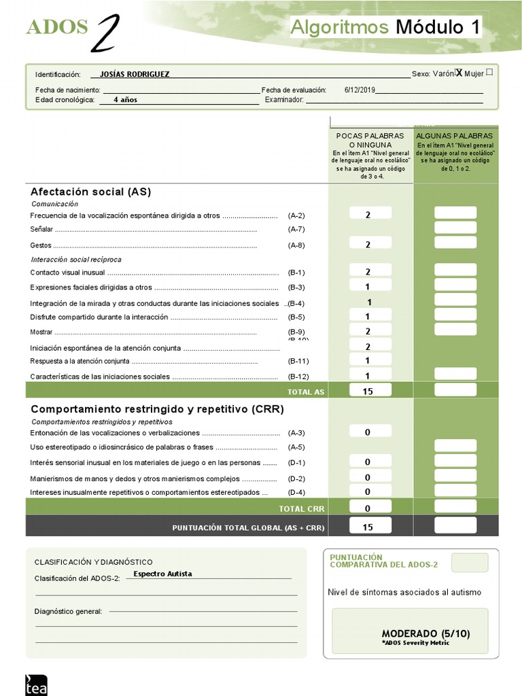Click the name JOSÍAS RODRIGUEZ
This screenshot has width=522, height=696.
coord(135,74)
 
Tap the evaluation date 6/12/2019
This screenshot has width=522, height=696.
coord(360,90)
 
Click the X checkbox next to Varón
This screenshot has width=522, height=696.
coord(459,73)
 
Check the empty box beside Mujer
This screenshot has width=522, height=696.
coord(490,71)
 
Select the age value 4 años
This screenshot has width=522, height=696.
coord(125,99)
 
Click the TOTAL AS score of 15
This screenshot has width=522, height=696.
coord(368,391)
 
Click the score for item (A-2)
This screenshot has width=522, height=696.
coord(368,214)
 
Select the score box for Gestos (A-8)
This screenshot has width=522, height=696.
coord(368,244)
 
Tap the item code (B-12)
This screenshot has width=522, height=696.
coord(298,377)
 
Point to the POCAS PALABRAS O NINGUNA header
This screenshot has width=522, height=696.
coord(370,140)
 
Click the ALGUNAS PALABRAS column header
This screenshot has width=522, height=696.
coord(455,136)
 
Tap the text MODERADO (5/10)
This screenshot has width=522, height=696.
coord(425,633)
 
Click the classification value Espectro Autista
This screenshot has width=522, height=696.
coord(162,574)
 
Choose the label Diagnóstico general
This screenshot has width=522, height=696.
coord(68,611)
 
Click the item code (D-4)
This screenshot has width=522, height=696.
coord(296,492)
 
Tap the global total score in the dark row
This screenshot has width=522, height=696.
coord(368,527)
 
